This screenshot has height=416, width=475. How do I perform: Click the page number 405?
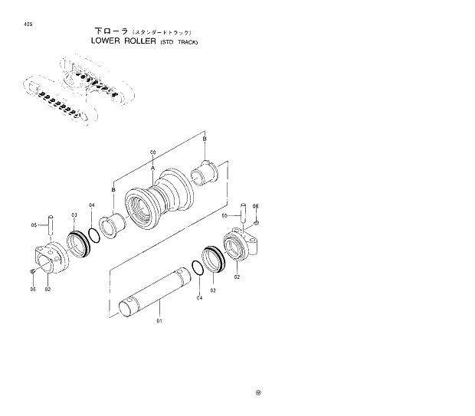click(28, 23)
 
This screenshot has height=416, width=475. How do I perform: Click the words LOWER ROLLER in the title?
click(123, 41)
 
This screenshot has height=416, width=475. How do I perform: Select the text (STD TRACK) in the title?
click(179, 42)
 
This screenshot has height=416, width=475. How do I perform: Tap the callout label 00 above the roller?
click(153, 153)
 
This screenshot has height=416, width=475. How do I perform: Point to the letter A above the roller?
click(153, 166)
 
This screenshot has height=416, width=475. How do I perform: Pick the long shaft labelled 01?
click(156, 288)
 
